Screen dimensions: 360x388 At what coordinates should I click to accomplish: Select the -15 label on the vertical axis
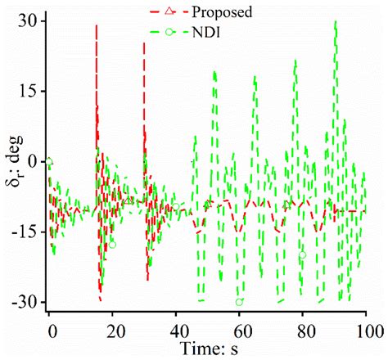coord(24,232)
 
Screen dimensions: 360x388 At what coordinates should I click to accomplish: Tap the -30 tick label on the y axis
coord(24,302)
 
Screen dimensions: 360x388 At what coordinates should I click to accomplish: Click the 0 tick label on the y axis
coord(30,161)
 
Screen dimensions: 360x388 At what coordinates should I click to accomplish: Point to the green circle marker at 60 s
coord(240,302)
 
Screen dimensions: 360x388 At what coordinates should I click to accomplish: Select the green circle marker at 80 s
coord(303,254)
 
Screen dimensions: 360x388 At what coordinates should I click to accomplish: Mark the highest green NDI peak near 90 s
coord(336,21)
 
